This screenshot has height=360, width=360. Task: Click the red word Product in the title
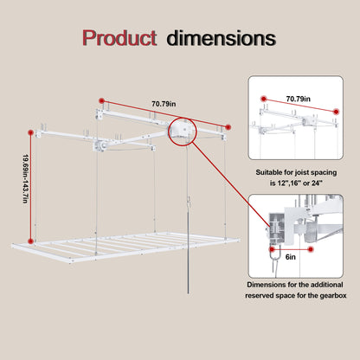[119, 38]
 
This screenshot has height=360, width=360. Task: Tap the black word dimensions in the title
[221, 38]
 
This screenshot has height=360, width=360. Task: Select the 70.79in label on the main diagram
[164, 104]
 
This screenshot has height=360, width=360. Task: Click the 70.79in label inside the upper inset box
[299, 99]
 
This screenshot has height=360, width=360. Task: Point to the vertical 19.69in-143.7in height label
[26, 179]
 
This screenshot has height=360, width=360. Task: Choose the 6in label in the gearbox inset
[291, 257]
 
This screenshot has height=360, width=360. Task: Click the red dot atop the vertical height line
[30, 132]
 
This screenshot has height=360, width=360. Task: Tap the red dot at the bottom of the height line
[30, 241]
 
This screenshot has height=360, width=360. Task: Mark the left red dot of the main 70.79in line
[101, 100]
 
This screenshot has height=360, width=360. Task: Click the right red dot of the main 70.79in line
[228, 127]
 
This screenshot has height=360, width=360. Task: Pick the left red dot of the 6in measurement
[272, 249]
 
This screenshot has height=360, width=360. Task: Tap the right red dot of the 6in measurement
[311, 249]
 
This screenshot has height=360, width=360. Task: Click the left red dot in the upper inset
[263, 99]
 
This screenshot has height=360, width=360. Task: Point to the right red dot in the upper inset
[336, 112]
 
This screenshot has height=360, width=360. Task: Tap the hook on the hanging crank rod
[189, 200]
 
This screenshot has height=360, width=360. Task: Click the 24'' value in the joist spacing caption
[318, 183]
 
